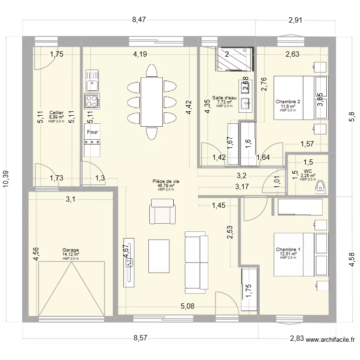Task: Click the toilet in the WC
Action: point(321,187)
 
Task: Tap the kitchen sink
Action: point(92,81)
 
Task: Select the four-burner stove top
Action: point(92,101)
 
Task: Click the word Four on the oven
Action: point(93,132)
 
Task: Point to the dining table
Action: point(152,102)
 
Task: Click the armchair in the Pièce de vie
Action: point(162,212)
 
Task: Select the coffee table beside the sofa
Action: point(159,256)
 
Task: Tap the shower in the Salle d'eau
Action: point(235,59)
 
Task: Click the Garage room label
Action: point(71,250)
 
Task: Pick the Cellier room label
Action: point(57,112)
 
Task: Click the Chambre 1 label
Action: point(288,249)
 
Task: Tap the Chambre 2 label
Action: point(288,101)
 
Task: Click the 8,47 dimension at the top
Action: point(139,20)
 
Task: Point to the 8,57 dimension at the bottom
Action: point(140,338)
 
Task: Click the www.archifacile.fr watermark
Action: point(330,339)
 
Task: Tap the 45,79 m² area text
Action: point(166,185)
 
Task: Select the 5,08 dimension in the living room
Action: point(187,306)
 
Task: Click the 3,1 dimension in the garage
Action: point(71,199)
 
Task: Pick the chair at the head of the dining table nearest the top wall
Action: point(152,71)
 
